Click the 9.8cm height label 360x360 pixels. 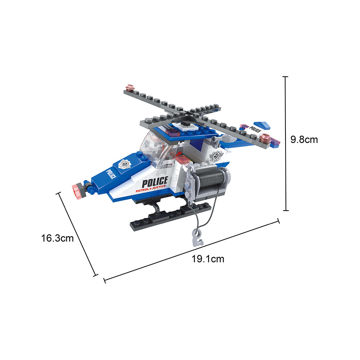(x=304, y=140)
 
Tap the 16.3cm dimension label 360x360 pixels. (x=57, y=238)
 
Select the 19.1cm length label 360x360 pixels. (x=208, y=259)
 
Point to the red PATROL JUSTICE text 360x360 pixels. (x=150, y=189)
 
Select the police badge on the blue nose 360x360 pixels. (x=125, y=164)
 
